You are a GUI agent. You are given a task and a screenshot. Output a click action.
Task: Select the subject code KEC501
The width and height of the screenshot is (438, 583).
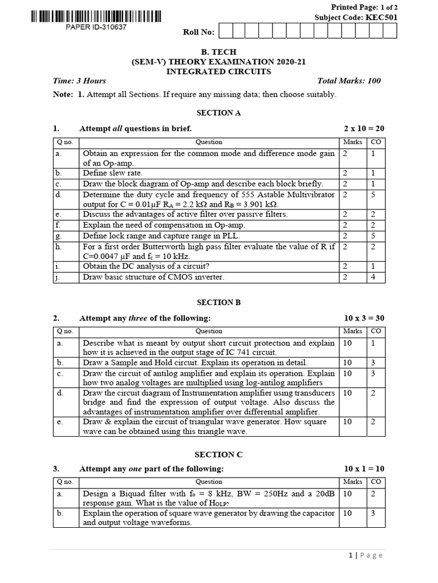383,17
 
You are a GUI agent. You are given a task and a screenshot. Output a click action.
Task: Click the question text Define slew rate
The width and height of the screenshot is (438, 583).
113,173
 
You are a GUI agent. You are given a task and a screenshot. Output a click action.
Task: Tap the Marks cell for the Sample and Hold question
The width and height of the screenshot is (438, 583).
347,362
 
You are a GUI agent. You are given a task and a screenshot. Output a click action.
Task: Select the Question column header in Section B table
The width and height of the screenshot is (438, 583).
209,331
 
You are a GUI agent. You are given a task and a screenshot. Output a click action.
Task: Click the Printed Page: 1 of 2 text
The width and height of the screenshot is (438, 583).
364,7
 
